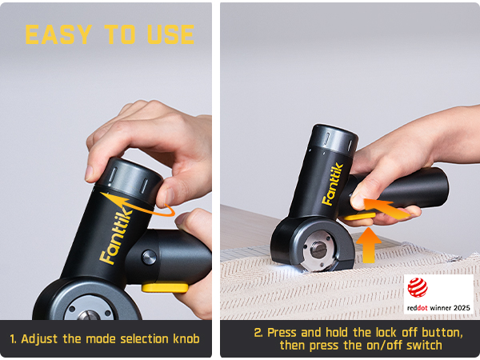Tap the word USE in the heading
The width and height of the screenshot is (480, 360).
pyautogui.click(x=171, y=34)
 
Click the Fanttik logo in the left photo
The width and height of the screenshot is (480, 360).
pyautogui.click(x=116, y=235)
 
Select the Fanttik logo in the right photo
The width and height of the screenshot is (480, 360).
pyautogui.click(x=333, y=184)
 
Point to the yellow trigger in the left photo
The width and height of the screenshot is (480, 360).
pyautogui.click(x=165, y=288)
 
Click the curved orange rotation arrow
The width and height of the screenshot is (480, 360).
pyautogui.click(x=138, y=205)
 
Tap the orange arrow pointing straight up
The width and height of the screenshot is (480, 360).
pyautogui.click(x=369, y=246)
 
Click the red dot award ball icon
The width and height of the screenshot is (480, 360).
pyautogui.click(x=418, y=287)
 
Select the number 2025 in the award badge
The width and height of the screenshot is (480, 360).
pyautogui.click(x=461, y=308)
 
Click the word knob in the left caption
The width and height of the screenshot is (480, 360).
pyautogui.click(x=186, y=339)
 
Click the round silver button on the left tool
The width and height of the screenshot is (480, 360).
pyautogui.click(x=149, y=257)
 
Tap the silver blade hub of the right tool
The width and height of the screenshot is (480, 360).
pyautogui.click(x=318, y=250)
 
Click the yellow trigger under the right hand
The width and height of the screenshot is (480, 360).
pyautogui.click(x=359, y=217)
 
